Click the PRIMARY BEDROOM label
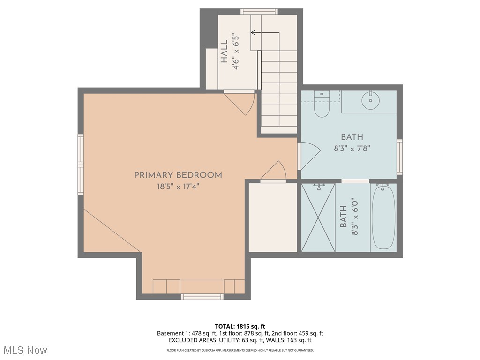[178, 175]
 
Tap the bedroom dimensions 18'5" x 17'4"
[178, 186]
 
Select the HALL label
[224, 52]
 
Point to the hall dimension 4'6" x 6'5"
[237, 52]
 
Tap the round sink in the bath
[370, 100]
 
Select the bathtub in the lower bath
[383, 217]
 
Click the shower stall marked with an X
[318, 217]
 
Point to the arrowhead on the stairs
[253, 32]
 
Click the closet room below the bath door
[273, 217]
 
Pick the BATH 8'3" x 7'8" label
[352, 142]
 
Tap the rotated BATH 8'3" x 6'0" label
[349, 217]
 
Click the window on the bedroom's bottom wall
[202, 296]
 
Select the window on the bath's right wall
[399, 157]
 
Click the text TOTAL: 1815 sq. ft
[240, 326]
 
